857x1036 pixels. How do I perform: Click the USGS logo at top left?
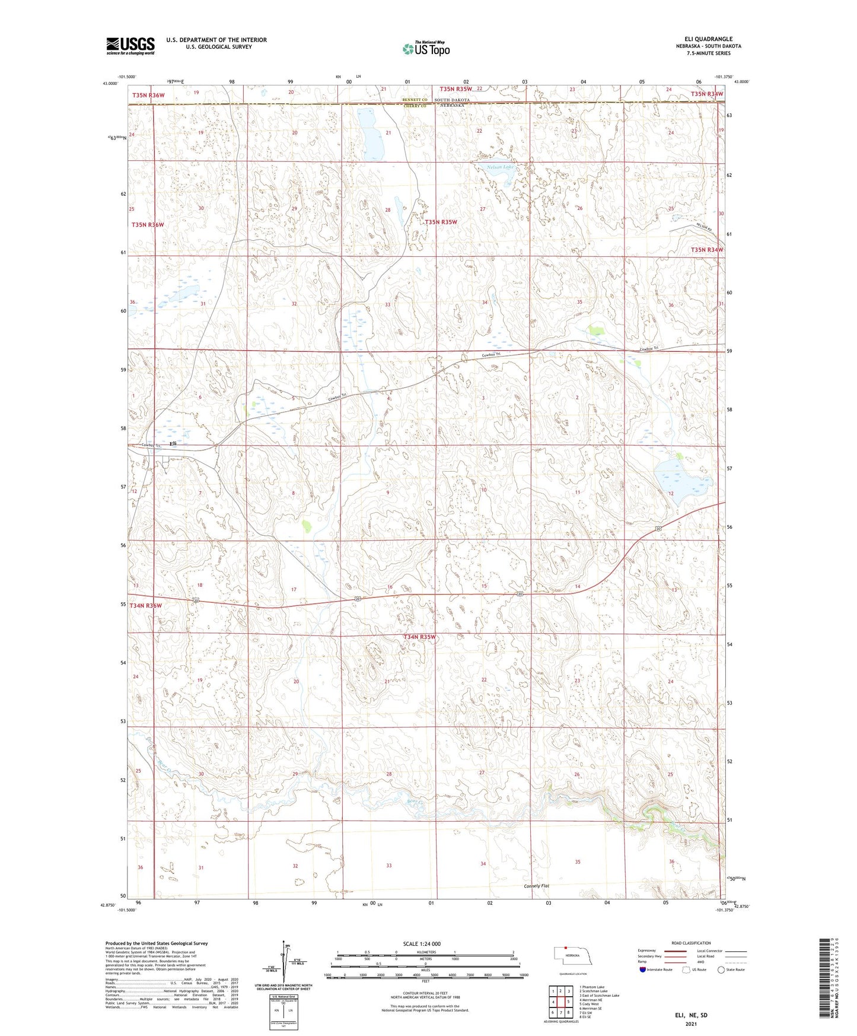[x=130, y=46]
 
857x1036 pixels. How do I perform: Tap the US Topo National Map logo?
[x=426, y=48]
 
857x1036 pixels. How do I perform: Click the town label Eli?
[x=173, y=443]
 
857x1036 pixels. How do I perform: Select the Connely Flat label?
[x=537, y=886]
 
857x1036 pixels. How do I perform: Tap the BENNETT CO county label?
[x=415, y=100]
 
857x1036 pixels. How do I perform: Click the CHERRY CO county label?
[x=415, y=106]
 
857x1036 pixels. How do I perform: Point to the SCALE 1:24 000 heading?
[x=422, y=943]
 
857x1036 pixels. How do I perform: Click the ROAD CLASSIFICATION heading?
[x=691, y=943]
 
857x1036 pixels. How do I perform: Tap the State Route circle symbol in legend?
[x=721, y=970]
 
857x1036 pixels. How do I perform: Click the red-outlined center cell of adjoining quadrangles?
[x=560, y=1002]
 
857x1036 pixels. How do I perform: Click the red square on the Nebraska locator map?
[x=566, y=948]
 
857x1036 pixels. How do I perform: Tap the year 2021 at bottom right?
[x=691, y=1024]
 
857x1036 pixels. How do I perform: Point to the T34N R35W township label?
[x=419, y=637]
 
